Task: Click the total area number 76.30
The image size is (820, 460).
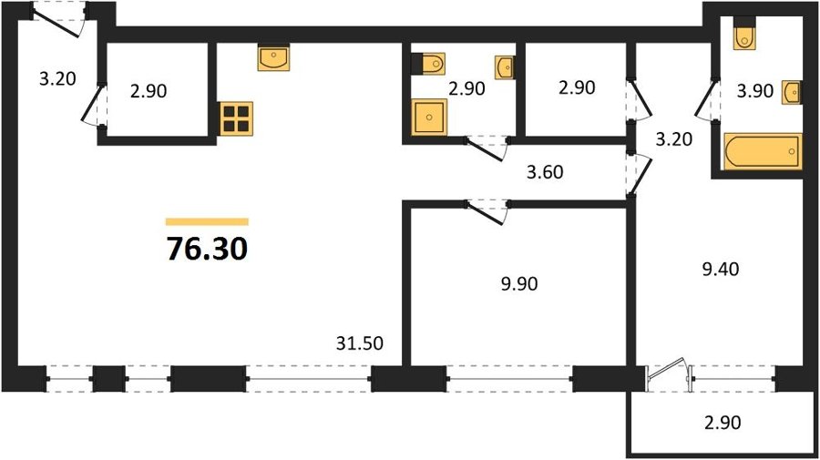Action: [x=207, y=249]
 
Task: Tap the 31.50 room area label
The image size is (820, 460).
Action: [x=359, y=343]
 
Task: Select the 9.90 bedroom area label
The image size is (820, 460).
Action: [x=519, y=284]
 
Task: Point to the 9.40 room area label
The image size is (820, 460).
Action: [x=721, y=270]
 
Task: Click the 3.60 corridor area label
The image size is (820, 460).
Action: [x=545, y=172]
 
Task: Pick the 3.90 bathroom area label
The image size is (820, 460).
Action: [x=754, y=91]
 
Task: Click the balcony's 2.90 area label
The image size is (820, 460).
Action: [x=723, y=423]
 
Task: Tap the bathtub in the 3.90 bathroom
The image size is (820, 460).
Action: [x=763, y=151]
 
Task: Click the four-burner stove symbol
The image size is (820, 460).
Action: [x=236, y=118]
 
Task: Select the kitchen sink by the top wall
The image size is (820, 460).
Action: [x=273, y=57]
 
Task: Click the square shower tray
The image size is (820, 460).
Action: [x=429, y=118]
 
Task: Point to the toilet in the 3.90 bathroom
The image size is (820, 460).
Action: [x=744, y=34]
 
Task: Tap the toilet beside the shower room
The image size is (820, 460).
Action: [x=428, y=64]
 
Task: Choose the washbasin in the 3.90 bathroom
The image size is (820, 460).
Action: [x=792, y=93]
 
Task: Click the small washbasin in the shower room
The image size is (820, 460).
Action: [x=505, y=67]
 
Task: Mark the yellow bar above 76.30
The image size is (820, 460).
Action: [x=207, y=221]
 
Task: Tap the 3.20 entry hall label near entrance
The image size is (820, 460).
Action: [x=57, y=79]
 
